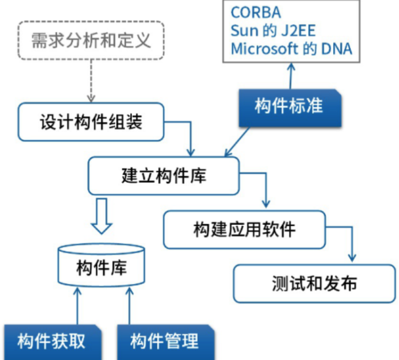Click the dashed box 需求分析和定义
[90, 41]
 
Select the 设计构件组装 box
[90, 123]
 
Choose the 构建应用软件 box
[244, 228]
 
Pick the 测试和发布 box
[314, 282]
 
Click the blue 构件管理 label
[164, 341]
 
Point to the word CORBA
[255, 12]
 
